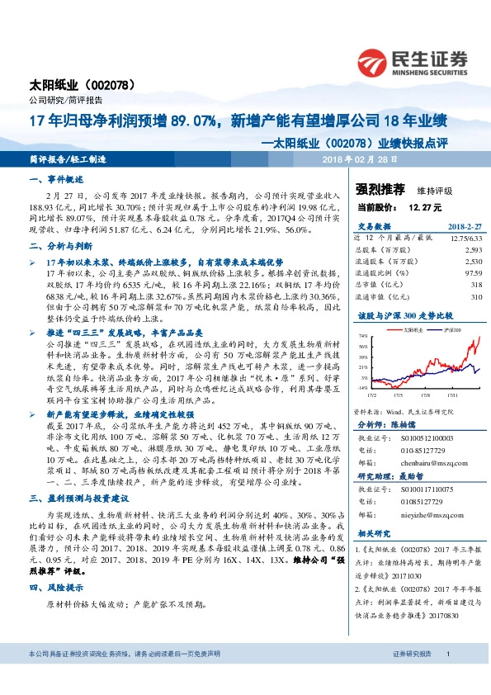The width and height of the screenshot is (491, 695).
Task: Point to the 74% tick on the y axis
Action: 364,337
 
